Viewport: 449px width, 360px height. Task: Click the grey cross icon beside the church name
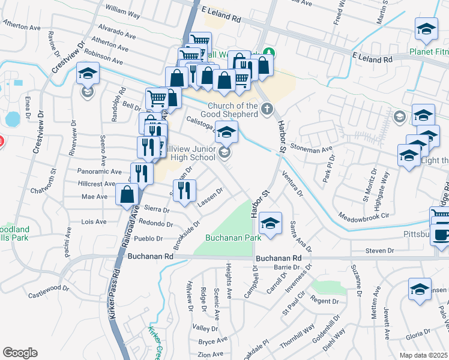click(268, 109)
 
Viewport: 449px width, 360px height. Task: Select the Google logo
click(20, 353)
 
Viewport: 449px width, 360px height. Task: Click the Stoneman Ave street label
click(310, 147)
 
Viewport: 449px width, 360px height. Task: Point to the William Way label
click(122, 11)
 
